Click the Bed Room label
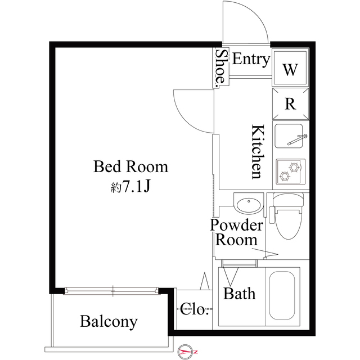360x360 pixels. pyautogui.click(x=130, y=166)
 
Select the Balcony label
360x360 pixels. pyautogui.click(x=109, y=322)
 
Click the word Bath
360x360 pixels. pyautogui.click(x=239, y=294)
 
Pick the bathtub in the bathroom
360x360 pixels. pyautogui.click(x=282, y=296)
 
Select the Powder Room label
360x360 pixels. pyautogui.click(x=236, y=232)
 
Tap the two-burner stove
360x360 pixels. pyautogui.click(x=291, y=171)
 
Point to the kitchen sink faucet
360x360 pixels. pyautogui.click(x=298, y=140)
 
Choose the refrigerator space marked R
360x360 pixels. pyautogui.click(x=290, y=104)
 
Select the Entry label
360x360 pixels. pyautogui.click(x=251, y=60)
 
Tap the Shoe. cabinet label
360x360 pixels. pyautogui.click(x=220, y=67)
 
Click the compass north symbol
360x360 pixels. pyautogui.click(x=185, y=352)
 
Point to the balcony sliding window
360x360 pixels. pyautogui.click(x=111, y=291)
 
